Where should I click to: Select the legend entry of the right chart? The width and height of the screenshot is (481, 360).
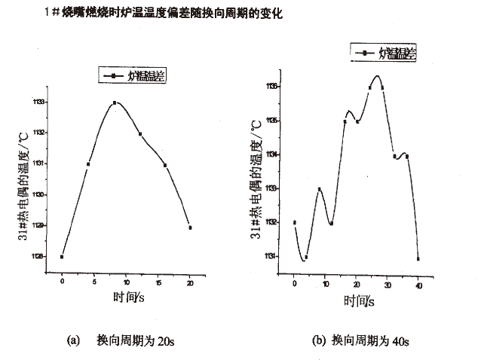[x=384, y=53]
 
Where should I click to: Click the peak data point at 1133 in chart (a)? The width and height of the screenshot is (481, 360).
[x=114, y=102]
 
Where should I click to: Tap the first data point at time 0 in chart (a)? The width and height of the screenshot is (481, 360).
[x=62, y=257]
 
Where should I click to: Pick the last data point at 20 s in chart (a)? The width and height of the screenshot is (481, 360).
[x=190, y=227]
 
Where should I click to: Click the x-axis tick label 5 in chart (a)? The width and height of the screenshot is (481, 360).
[x=93, y=282]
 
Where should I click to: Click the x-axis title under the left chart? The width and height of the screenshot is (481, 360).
[x=128, y=298]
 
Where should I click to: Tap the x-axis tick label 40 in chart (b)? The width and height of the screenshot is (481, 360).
[x=417, y=286]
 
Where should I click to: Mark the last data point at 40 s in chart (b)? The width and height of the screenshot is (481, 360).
[x=418, y=258]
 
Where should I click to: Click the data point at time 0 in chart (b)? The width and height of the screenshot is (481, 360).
[x=294, y=222]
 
